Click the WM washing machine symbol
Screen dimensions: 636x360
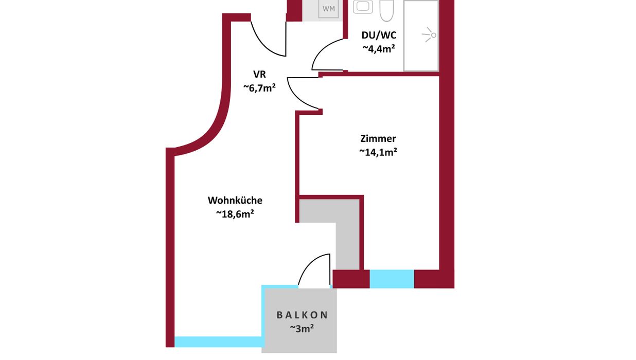(328, 9)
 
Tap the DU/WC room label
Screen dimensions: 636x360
(379, 35)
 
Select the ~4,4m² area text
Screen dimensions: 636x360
(379, 49)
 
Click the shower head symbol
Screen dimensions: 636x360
(429, 35)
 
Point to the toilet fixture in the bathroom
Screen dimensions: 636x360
(387, 10)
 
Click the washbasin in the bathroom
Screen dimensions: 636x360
(363, 7)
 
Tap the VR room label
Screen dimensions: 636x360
(259, 75)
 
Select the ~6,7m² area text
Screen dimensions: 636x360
(259, 88)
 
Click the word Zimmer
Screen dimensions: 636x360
(378, 139)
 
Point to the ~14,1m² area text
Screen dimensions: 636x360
(378, 152)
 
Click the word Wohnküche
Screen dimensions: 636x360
(235, 201)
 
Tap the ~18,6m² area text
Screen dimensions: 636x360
(235, 214)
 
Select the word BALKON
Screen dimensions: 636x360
(303, 315)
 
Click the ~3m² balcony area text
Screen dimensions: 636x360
(302, 329)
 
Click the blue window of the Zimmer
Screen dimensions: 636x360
(392, 279)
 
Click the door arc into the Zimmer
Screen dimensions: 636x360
(296, 98)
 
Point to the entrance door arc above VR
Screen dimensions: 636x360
(262, 45)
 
